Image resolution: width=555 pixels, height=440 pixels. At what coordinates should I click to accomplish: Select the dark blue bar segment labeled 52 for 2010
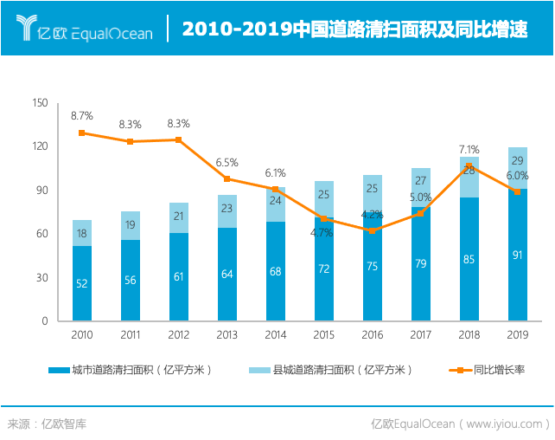click(x=82, y=283)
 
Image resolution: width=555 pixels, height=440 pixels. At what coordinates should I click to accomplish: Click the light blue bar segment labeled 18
click(x=82, y=233)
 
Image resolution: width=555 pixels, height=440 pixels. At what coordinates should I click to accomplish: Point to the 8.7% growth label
click(x=82, y=115)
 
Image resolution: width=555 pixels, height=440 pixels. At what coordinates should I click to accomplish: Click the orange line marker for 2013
click(x=227, y=178)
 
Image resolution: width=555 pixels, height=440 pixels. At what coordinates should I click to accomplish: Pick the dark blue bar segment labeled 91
click(x=518, y=255)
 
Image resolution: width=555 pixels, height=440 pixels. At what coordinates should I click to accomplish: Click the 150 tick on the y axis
click(x=40, y=103)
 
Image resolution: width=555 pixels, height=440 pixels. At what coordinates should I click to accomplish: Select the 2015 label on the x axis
click(x=324, y=334)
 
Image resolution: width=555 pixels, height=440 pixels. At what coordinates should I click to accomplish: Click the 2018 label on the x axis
click(x=469, y=334)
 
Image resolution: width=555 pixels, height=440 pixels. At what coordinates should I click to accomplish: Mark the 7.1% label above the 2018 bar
click(x=469, y=149)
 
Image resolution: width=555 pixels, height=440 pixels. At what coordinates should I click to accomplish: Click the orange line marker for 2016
click(x=373, y=230)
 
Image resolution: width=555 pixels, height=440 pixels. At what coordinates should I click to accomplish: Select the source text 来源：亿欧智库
click(x=48, y=424)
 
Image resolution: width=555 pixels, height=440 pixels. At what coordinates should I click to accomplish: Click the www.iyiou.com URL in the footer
click(x=504, y=424)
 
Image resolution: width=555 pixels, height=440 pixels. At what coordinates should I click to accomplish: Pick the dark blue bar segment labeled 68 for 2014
click(x=276, y=271)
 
